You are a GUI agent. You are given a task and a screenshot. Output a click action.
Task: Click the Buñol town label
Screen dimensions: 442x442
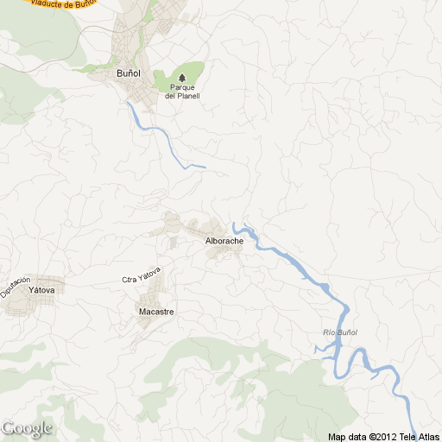[128, 73]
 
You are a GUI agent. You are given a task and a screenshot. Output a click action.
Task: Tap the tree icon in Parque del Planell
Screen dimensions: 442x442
[181, 77]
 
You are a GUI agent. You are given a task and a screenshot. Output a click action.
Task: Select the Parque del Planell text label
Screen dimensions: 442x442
[182, 92]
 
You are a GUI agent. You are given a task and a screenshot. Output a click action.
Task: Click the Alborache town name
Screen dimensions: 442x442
[224, 241]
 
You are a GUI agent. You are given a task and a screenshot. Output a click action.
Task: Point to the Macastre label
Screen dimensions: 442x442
[156, 311]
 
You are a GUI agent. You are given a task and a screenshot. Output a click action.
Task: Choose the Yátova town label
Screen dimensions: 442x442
[41, 291]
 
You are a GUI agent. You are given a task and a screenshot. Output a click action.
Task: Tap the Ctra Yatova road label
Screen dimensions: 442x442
[142, 278]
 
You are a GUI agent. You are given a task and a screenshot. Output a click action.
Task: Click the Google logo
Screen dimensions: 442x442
[27, 428]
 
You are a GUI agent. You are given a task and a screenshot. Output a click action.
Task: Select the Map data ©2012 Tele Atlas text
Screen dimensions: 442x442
[383, 436]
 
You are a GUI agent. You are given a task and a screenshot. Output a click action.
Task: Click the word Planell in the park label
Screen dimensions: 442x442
[188, 96]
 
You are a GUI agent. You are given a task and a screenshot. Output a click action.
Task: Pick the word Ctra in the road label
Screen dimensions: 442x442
[130, 281]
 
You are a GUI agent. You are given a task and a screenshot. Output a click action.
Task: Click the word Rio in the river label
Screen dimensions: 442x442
[327, 332]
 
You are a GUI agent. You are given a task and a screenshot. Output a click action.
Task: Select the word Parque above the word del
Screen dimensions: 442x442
[182, 87]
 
